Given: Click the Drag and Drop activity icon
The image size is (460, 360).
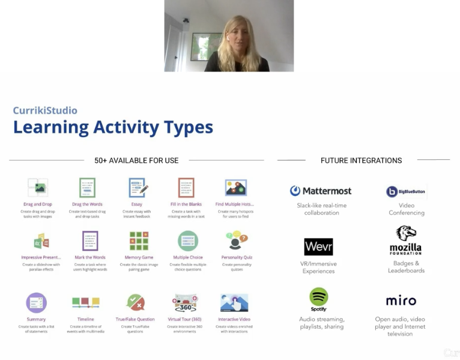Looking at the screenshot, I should tap(37, 188).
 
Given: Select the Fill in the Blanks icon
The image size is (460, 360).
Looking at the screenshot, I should tap(186, 188).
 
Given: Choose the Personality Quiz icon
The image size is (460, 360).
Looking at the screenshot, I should tap(236, 241).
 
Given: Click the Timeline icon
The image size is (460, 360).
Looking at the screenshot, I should tap(85, 302).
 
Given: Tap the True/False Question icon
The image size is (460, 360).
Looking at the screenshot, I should tap(135, 302).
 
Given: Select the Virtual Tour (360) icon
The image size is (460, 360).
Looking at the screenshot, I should tap(185, 302).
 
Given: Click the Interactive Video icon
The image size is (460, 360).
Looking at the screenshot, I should tap(234, 302).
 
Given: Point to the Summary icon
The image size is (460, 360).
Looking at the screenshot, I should tap(36, 302).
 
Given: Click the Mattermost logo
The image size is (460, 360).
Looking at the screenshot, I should tap(321, 191).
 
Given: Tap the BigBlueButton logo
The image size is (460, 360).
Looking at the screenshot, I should tap(406, 192).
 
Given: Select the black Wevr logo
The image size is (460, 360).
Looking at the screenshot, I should tap(318, 246).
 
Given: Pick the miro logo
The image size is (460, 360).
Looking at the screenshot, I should tap(401, 301).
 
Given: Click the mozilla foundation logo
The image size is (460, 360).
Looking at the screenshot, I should tap(406, 240).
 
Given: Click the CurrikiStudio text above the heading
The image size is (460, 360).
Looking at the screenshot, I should tap(45, 111).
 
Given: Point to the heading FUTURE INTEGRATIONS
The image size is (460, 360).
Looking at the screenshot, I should tap(361, 160).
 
